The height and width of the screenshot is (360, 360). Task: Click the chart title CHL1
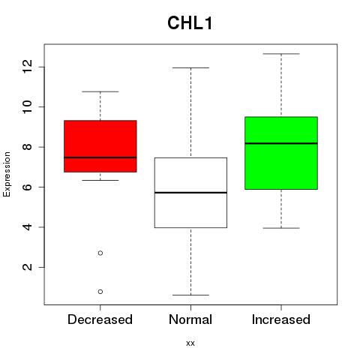[x=190, y=23]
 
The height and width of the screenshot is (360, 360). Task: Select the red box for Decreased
[x=100, y=146]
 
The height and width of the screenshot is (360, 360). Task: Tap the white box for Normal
[x=190, y=193]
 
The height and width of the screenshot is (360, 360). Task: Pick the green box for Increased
[x=281, y=153]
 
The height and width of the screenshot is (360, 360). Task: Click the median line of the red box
[x=100, y=157]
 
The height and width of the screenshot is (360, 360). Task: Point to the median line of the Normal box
[x=190, y=193]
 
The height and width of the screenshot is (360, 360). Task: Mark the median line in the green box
[x=281, y=143]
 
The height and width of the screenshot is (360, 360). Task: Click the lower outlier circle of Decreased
[x=100, y=292]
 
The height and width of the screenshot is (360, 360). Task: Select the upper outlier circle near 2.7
[x=100, y=253]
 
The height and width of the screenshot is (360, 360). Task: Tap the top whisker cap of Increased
[x=281, y=54]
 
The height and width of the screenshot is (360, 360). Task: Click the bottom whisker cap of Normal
[x=190, y=295]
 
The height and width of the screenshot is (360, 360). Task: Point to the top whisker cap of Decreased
[x=100, y=91]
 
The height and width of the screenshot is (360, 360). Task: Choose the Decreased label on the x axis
[x=100, y=319]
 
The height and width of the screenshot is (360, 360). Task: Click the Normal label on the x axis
[x=190, y=319]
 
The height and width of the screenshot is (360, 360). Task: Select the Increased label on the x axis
[x=281, y=319]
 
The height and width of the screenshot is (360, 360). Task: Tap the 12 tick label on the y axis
[x=28, y=67]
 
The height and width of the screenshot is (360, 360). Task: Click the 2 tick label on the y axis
[x=28, y=267]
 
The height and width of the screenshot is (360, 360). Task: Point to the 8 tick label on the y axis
[x=28, y=147]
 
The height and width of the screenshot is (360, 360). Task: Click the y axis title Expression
[x=7, y=174]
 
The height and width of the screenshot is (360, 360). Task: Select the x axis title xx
[x=190, y=343]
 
